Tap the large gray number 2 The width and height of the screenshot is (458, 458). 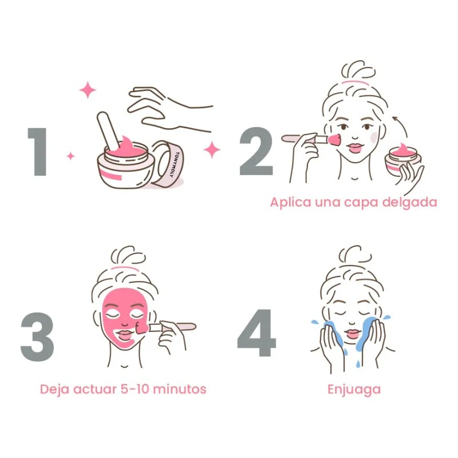click(x=256, y=152)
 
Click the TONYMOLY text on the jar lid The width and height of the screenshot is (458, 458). click(x=170, y=166)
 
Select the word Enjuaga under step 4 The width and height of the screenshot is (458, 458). click(x=354, y=389)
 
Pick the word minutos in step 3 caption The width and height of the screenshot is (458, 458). click(x=182, y=389)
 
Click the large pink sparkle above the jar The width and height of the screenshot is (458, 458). click(x=88, y=90)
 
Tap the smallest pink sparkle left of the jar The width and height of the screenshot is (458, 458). click(x=70, y=156)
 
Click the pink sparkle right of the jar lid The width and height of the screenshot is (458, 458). click(x=212, y=150)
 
